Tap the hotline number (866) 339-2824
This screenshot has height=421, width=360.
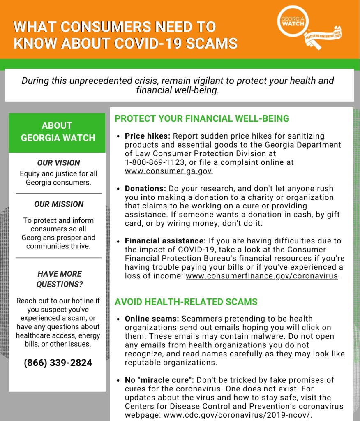point(58,363)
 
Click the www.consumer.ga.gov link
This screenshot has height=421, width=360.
point(168,171)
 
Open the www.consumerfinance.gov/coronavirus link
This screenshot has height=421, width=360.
point(262,276)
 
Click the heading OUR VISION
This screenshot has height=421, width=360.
point(58,163)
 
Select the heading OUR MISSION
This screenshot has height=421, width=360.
point(58,204)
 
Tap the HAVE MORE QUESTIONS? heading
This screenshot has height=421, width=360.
point(59,279)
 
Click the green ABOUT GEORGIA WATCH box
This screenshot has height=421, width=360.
point(58,132)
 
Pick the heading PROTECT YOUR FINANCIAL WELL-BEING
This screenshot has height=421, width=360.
point(202,119)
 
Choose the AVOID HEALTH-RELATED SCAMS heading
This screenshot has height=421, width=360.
point(186,302)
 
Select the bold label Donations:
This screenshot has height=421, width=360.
point(145,189)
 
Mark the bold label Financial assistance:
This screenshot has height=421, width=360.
point(165,241)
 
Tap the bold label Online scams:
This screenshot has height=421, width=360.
point(152,319)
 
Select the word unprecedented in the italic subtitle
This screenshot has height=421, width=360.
point(104,81)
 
